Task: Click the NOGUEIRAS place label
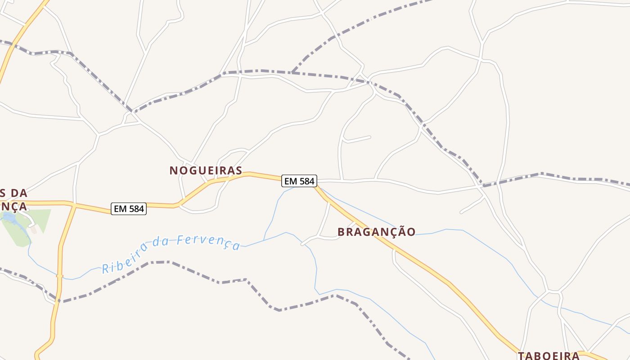click(206, 171)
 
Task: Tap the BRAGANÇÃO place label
click(376, 232)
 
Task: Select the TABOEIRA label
click(548, 355)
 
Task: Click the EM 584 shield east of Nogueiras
click(299, 181)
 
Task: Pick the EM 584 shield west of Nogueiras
click(129, 209)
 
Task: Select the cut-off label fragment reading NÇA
click(13, 206)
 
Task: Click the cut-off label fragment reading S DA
click(13, 193)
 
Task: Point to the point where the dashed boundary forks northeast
click(292, 72)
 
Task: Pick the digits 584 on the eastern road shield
click(305, 181)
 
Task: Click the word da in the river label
click(159, 243)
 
